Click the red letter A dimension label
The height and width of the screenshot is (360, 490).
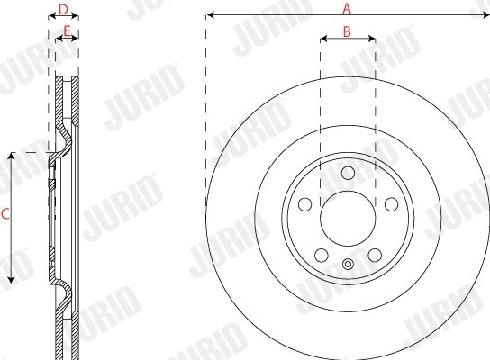(x=347, y=8)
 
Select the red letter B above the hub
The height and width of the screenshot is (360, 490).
(x=347, y=31)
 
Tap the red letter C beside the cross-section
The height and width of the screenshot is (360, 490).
(x=5, y=215)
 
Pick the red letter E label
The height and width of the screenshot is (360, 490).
(x=67, y=31)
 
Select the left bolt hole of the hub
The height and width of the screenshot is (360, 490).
(x=304, y=203)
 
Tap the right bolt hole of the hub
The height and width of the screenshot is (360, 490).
(x=390, y=203)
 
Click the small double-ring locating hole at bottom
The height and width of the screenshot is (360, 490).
(x=348, y=264)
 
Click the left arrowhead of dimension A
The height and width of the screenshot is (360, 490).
(x=209, y=15)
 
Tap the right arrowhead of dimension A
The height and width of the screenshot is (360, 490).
(x=485, y=15)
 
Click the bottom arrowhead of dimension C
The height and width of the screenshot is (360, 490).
(x=11, y=280)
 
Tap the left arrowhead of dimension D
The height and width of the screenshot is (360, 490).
(x=50, y=16)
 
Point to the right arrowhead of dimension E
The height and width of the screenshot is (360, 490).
(x=77, y=40)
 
